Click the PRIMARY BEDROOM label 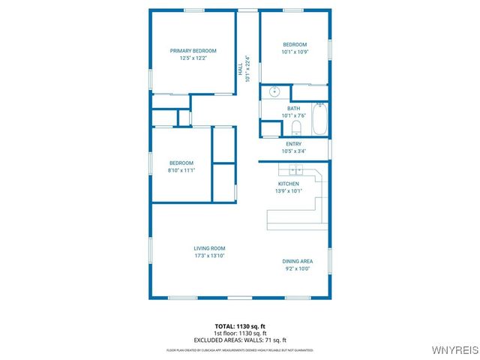[x=188, y=51]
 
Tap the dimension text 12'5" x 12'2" [x=188, y=58]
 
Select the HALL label [x=241, y=70]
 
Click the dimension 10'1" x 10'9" [x=295, y=52]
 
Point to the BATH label [x=293, y=108]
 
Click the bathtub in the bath [x=320, y=118]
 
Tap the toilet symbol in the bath [x=295, y=128]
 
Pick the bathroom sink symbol [x=274, y=91]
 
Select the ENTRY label [x=294, y=144]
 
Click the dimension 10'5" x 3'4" [x=294, y=151]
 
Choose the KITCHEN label [x=289, y=184]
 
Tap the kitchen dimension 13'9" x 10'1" [x=289, y=190]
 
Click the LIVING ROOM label [x=209, y=249]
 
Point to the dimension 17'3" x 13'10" [x=209, y=256]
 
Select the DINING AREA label [x=298, y=261]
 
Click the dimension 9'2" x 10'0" [x=298, y=268]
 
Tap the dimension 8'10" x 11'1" [x=181, y=170]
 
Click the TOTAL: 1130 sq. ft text [x=240, y=326]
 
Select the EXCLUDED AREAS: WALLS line [x=240, y=340]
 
